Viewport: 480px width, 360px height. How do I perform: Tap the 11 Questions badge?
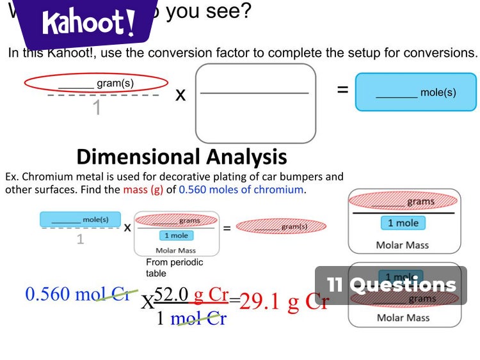(391, 285)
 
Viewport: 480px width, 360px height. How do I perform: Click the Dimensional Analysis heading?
(181, 157)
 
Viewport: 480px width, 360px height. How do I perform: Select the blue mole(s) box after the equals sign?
(416, 92)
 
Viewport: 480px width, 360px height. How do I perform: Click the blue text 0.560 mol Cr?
(77, 294)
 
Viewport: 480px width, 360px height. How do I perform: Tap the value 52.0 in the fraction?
(172, 295)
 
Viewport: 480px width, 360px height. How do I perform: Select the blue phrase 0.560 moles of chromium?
(241, 189)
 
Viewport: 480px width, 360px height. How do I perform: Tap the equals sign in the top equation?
(343, 90)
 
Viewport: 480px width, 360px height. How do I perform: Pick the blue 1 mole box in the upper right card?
(403, 223)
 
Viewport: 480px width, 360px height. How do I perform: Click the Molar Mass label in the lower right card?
(403, 318)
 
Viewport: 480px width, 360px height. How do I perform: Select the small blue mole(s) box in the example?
(80, 219)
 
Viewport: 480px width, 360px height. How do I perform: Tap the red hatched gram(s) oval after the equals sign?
(281, 226)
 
